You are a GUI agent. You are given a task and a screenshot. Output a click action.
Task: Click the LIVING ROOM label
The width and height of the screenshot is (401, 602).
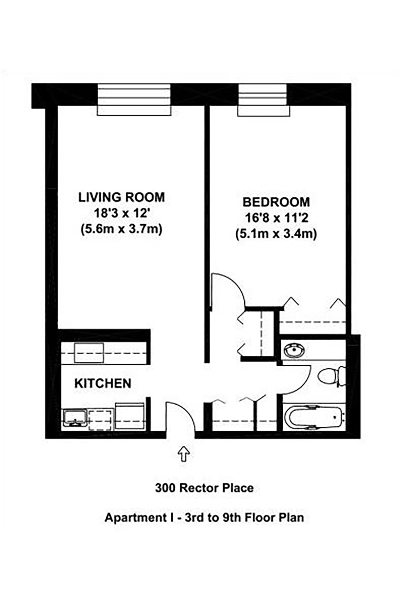point(121,197)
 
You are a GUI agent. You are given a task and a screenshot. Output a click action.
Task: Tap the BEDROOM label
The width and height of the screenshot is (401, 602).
point(276,202)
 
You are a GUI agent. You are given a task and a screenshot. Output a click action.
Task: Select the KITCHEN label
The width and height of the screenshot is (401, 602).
point(103,383)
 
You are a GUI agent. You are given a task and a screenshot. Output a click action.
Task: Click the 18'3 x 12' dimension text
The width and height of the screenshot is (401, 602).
point(121,213)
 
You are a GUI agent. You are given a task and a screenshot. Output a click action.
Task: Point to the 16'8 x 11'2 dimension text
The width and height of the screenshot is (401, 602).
point(276,218)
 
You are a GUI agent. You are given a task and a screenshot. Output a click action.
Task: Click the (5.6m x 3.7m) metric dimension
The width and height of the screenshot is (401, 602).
point(121,229)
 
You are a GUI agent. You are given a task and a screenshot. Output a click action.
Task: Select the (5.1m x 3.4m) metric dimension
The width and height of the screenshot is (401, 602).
point(276,234)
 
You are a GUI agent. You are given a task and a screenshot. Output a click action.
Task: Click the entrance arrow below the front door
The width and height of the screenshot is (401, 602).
point(183,454)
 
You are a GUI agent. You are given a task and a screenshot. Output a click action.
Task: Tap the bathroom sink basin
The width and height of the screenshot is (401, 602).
point(294,351)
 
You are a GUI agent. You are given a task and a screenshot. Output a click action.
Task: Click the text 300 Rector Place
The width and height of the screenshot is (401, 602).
point(204,488)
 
